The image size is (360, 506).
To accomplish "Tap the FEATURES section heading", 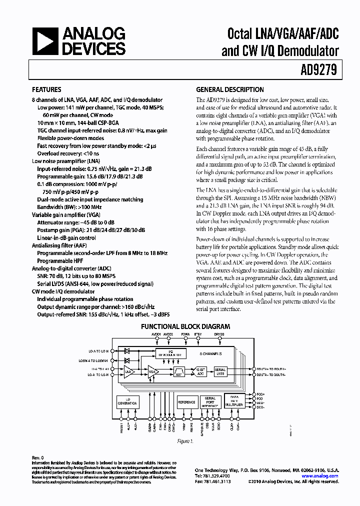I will (x=46, y=90).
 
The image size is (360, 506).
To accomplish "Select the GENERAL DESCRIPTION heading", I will (x=229, y=90).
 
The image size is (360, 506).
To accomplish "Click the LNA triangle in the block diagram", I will (x=129, y=371).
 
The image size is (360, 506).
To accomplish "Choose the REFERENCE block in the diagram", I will (x=186, y=402).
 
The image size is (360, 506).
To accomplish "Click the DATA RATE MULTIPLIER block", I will (x=233, y=402).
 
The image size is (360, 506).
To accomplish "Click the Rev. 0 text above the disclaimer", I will (x=38, y=457).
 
